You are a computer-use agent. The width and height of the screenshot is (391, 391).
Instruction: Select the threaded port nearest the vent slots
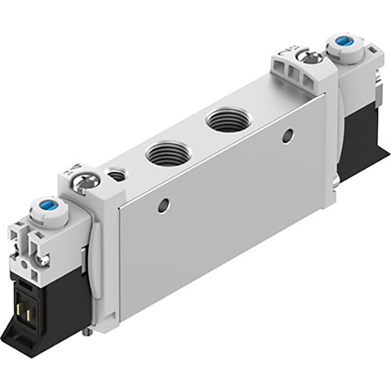pyautogui.click(x=229, y=119)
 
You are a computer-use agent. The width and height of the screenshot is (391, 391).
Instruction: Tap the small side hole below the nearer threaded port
pyautogui.click(x=163, y=206)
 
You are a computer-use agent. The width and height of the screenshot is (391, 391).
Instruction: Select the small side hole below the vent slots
pyautogui.click(x=288, y=135)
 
